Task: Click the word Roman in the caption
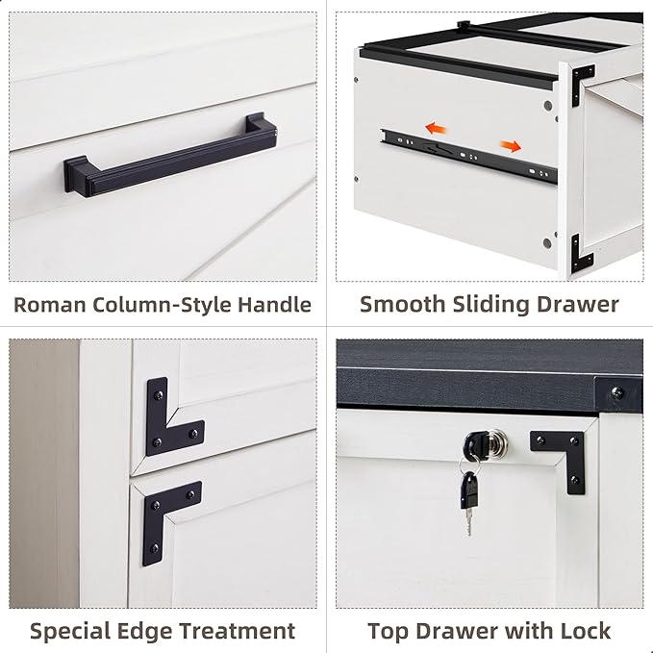(49, 305)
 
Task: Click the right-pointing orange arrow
(510, 146)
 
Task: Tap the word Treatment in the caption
(235, 631)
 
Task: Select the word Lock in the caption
(584, 631)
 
